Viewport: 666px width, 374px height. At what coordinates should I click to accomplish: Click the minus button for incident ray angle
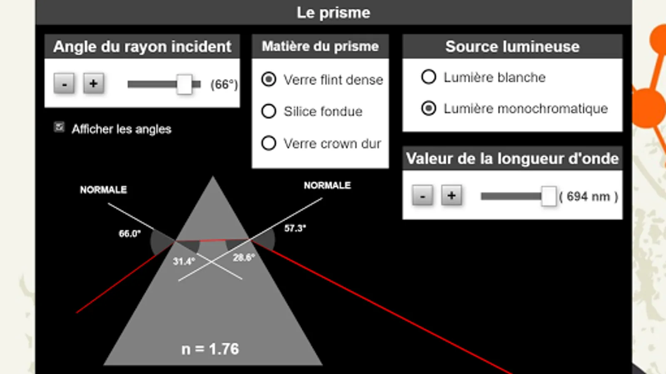coord(64,84)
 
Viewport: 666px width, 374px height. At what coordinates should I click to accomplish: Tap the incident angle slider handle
coord(184,84)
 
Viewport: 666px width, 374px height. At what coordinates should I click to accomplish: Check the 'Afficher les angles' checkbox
coord(59,127)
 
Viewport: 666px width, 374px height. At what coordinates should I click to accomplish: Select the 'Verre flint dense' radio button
coord(268,79)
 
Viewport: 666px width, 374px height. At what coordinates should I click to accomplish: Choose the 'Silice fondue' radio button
coord(268,111)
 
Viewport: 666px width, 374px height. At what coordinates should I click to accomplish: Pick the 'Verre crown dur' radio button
coord(268,143)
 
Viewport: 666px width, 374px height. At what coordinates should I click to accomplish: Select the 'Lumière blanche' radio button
coord(428,77)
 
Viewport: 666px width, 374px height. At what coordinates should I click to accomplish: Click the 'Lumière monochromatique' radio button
coord(428,108)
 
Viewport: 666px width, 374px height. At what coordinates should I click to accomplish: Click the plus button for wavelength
coord(451,195)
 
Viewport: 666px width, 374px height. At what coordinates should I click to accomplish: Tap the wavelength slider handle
coord(549,196)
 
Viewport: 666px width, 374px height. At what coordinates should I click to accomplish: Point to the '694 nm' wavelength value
coord(588,196)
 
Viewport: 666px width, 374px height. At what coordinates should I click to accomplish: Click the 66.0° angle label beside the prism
coord(129,234)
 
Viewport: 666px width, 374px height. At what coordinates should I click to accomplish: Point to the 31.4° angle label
coord(184,261)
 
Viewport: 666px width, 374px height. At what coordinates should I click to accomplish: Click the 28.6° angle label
coord(244,258)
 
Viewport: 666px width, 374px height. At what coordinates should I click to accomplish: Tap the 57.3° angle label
coord(295,228)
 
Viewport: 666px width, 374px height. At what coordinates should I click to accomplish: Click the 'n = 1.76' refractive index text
coord(210,349)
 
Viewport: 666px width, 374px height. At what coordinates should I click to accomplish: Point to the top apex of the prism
coord(213,178)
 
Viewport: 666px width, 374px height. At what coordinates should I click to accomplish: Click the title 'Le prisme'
coord(333,12)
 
